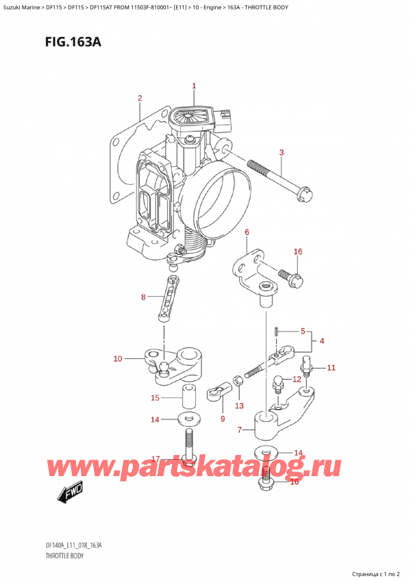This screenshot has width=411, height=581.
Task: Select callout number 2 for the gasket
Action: [x=140, y=98]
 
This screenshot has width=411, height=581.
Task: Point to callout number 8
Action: [x=143, y=297]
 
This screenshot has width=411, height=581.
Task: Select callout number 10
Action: [x=118, y=358]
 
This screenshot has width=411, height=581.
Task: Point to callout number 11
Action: [x=331, y=368]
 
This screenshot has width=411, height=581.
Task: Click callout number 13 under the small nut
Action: [x=238, y=406]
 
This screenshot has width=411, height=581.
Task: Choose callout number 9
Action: [x=222, y=418]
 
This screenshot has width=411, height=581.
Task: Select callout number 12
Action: [x=297, y=379]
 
